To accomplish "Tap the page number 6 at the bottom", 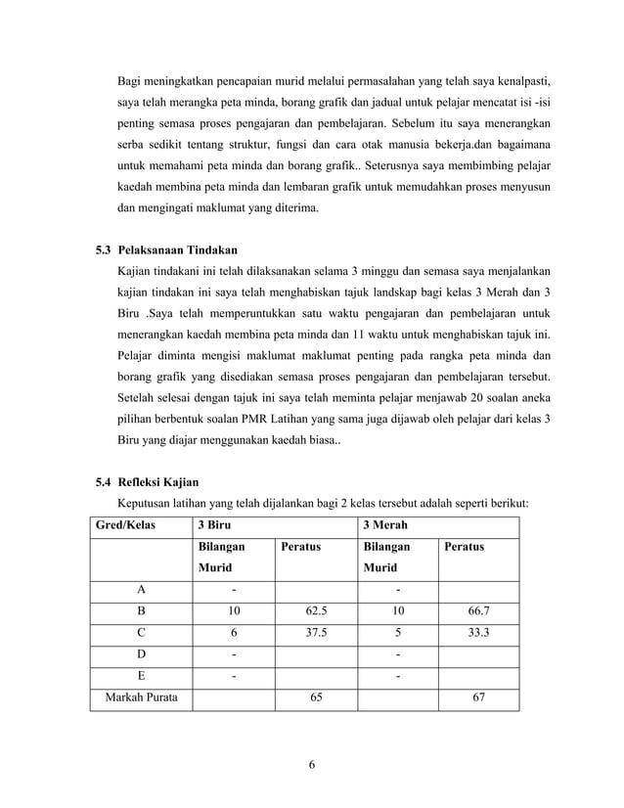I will click(312, 764).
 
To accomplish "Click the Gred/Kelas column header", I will click(122, 525).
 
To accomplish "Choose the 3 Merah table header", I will click(384, 525).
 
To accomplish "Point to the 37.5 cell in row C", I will click(315, 631).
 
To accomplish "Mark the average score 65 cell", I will click(315, 698).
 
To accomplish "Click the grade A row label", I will click(141, 589).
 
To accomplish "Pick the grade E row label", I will click(141, 676).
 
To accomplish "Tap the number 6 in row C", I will click(234, 631).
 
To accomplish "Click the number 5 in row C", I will click(398, 631).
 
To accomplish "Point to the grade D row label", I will click(141, 653).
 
